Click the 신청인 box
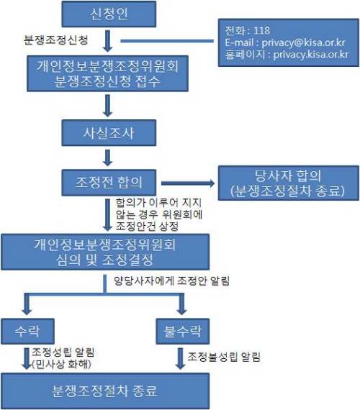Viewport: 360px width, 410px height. click(x=109, y=14)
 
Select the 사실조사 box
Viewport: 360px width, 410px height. click(x=109, y=133)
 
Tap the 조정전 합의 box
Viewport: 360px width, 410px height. click(x=109, y=183)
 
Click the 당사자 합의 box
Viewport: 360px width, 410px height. click(x=289, y=183)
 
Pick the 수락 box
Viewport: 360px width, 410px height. click(x=28, y=332)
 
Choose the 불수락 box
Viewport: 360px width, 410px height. click(x=182, y=332)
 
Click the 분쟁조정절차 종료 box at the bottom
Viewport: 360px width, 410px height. click(x=105, y=391)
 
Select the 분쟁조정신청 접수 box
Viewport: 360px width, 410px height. click(x=107, y=73)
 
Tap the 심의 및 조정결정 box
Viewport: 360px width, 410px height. click(x=105, y=252)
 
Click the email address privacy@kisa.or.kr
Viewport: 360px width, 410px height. click(x=303, y=42)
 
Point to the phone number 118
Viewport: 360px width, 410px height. click(x=261, y=31)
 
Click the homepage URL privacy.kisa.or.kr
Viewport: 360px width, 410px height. click(x=311, y=55)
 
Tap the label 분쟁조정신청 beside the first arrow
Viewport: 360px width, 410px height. click(x=55, y=40)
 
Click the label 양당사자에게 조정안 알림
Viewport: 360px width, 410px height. click(x=172, y=281)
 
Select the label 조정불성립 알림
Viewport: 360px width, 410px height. click(x=224, y=357)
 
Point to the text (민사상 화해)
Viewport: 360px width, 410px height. click(x=61, y=364)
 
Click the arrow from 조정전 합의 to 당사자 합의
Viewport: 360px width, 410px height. click(x=188, y=183)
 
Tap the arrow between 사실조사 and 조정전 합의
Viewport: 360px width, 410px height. click(x=107, y=158)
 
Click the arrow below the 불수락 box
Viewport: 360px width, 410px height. click(x=181, y=358)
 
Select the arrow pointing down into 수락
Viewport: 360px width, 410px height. click(x=27, y=304)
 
